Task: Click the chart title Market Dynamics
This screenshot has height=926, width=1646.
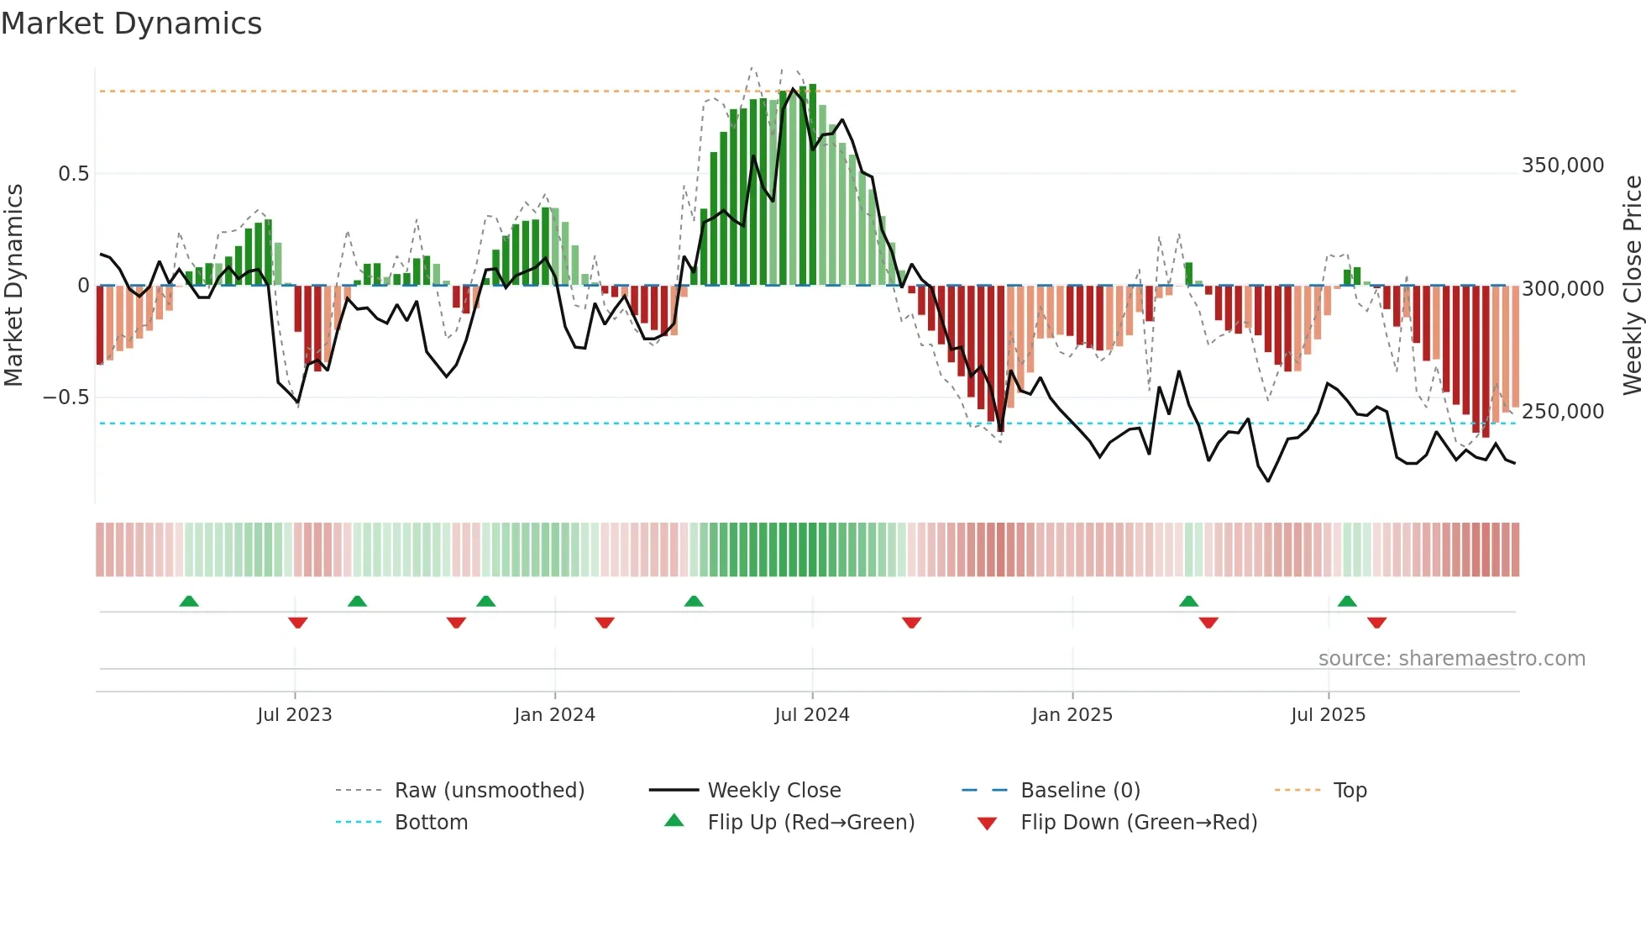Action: click(x=131, y=24)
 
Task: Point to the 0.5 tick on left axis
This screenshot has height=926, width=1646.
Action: click(x=73, y=174)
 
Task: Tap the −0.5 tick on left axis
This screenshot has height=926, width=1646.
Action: click(x=66, y=397)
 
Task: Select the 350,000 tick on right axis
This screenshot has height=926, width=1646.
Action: click(x=1562, y=166)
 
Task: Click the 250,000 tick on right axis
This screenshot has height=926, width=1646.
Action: click(x=1562, y=412)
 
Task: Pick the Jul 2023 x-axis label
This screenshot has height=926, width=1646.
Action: click(x=294, y=715)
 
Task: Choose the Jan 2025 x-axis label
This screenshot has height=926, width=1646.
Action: click(x=1072, y=715)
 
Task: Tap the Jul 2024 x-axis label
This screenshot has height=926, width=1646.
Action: click(x=811, y=715)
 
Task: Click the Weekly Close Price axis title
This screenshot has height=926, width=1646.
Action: click(x=1632, y=285)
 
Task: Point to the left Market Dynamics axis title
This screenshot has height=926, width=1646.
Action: click(x=13, y=285)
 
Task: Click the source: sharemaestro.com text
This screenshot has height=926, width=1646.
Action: click(x=1451, y=659)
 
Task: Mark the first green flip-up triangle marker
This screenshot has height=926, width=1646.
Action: click(x=189, y=602)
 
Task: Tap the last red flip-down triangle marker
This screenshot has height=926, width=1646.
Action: click(x=1376, y=623)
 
